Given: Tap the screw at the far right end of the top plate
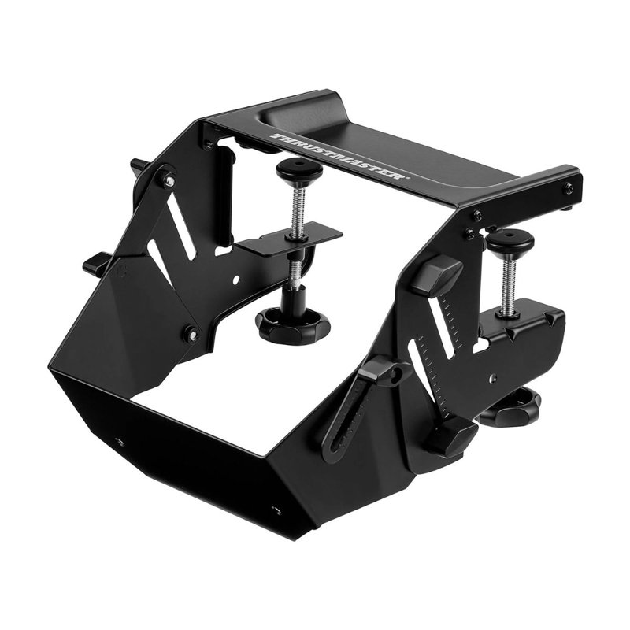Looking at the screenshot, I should point(568,187).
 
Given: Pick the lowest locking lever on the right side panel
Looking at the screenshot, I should point(450,435).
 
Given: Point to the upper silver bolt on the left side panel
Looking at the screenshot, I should point(169,181).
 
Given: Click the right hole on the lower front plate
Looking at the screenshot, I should point(276,510).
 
